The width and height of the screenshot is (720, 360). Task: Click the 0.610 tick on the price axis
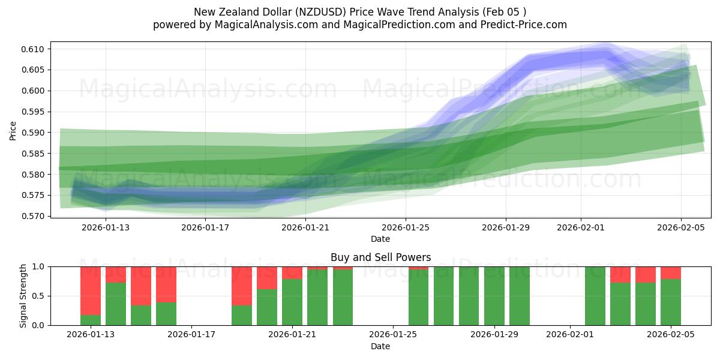pyautogui.click(x=35, y=49)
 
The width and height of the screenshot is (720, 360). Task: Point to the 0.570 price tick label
pyautogui.click(x=35, y=216)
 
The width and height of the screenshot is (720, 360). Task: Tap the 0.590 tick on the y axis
pyautogui.click(x=35, y=133)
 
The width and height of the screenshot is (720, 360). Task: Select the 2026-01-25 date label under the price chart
pyautogui.click(x=406, y=227)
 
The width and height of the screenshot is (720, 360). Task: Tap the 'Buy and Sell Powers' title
pyautogui.click(x=380, y=257)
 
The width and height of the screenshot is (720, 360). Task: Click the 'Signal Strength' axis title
pyautogui.click(x=23, y=296)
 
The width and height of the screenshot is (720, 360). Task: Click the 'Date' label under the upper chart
pyautogui.click(x=380, y=239)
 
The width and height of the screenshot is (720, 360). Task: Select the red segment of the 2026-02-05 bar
pyautogui.click(x=671, y=272)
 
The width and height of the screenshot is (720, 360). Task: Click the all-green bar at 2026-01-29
pyautogui.click(x=494, y=296)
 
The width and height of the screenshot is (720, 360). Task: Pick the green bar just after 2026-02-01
pyautogui.click(x=595, y=296)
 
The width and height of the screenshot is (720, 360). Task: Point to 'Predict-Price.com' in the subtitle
pyautogui.click(x=523, y=25)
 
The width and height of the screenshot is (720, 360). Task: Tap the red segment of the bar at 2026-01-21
pyautogui.click(x=292, y=272)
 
